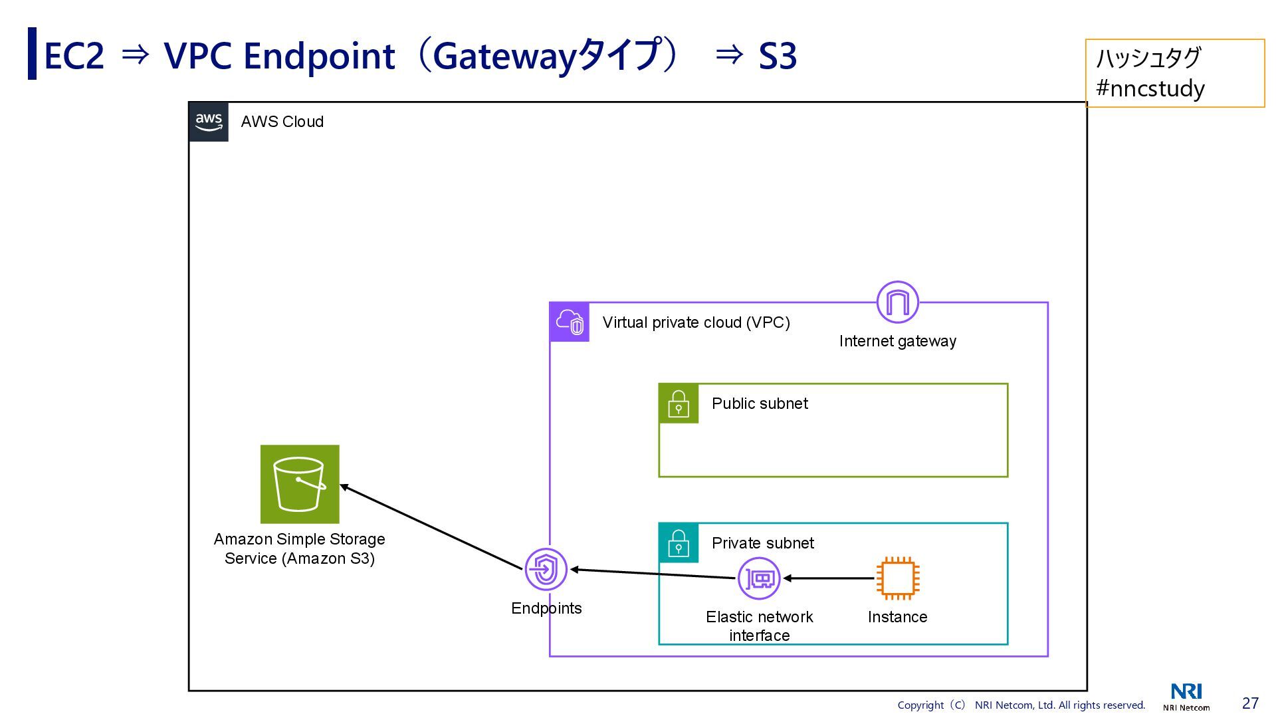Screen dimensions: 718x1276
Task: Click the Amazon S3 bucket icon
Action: pos(300,484)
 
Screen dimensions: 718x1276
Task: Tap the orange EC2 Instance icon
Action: pos(897,578)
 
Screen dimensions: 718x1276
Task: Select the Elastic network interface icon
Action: pos(759,578)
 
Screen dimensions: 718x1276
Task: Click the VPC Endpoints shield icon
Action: pos(546,570)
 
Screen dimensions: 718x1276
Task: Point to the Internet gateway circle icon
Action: pos(897,302)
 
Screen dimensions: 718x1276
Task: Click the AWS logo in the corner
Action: pos(209,122)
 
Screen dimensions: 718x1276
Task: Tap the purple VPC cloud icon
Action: pos(570,322)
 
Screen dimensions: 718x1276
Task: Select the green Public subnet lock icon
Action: pos(679,404)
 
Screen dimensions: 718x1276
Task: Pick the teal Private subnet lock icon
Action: pos(679,543)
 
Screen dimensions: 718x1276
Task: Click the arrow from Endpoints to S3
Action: pos(432,528)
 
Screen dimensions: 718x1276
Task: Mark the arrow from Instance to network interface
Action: pos(829,578)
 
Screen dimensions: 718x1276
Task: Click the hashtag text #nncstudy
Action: pos(1150,88)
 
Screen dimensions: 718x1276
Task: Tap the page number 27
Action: pos(1250,703)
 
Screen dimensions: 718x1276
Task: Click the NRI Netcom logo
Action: pos(1186,697)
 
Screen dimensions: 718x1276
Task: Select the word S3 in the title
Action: pos(778,56)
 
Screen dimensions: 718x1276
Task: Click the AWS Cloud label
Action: pos(282,122)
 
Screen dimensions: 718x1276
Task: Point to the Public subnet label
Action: pos(760,404)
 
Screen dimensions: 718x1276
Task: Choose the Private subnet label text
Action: pos(762,543)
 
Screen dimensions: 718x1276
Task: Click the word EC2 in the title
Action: pos(74,56)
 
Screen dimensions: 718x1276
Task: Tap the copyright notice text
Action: pos(1021,705)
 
